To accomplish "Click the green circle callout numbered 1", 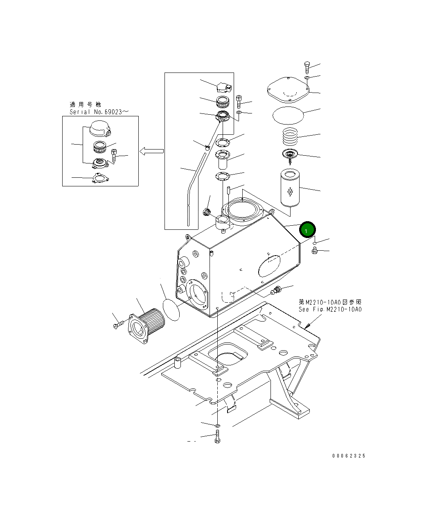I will point(307,230).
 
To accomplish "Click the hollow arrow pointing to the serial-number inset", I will point(151,152).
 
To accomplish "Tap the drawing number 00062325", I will point(349,456).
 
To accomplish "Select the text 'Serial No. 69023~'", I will point(96,112).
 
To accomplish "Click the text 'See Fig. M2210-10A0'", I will point(330,309).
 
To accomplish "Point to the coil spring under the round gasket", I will point(290,136).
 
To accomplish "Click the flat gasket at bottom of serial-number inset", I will point(99,178).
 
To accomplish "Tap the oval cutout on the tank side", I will point(270,266).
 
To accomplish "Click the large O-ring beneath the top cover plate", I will point(289,114).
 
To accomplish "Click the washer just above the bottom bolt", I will point(217,426).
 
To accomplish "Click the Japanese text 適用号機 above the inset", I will point(85,104).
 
